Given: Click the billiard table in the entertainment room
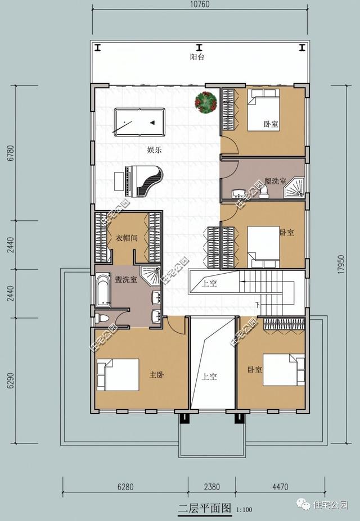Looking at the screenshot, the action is [139, 122].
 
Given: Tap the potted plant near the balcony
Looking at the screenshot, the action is [206, 102].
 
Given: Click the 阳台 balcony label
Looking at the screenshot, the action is [197, 57].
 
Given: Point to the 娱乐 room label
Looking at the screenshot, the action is [155, 149].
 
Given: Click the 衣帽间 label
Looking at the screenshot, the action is [127, 238].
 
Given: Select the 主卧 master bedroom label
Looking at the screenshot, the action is [156, 375].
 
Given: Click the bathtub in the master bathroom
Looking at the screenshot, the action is [103, 289].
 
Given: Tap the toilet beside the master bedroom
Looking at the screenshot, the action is [101, 318].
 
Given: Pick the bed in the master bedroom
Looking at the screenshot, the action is [118, 375].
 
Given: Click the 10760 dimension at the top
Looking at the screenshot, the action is [200, 4].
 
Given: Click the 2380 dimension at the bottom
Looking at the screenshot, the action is [211, 487].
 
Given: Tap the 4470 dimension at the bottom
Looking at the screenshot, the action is [280, 487].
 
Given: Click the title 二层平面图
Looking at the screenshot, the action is [204, 509].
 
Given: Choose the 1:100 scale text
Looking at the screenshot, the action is [244, 510].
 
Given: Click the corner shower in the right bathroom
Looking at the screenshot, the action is [294, 188].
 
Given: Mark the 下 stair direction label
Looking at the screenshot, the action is [258, 304].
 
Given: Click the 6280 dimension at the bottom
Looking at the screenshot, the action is [125, 487].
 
